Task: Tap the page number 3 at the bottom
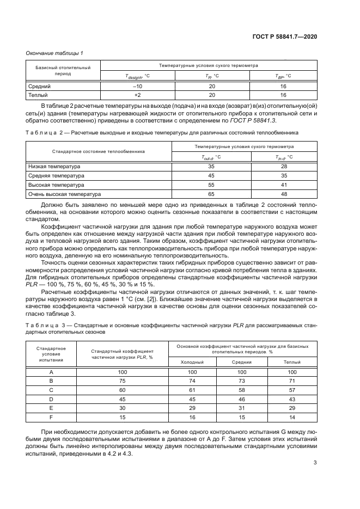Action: (x=315, y=463)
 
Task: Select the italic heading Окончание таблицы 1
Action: (x=54, y=53)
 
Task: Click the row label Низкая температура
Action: (x=53, y=166)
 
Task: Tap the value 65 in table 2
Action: (x=211, y=194)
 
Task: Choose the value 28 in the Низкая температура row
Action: (x=284, y=166)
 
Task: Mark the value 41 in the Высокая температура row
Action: (x=284, y=185)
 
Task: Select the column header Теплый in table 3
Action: (x=291, y=361)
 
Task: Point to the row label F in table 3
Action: (x=51, y=416)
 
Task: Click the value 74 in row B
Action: (x=192, y=381)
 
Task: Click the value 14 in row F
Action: (x=291, y=416)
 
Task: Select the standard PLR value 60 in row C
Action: (x=122, y=390)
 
